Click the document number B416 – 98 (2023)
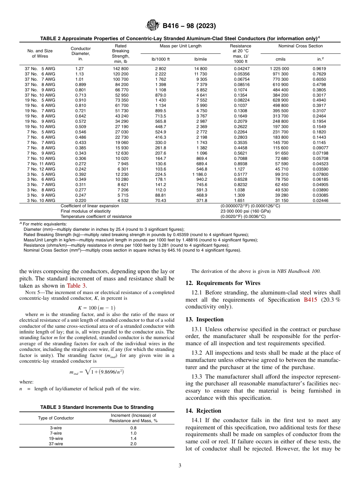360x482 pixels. click(189, 26)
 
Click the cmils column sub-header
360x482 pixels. click(280, 59)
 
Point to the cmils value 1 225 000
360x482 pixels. click(279, 69)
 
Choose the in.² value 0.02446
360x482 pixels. click(320, 200)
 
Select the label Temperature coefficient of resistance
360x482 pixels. click(96, 216)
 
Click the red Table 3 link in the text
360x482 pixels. click(77, 286)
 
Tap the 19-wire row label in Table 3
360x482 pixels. click(56, 438)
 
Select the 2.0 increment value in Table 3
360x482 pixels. click(133, 444)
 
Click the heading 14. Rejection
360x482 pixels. click(203, 411)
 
